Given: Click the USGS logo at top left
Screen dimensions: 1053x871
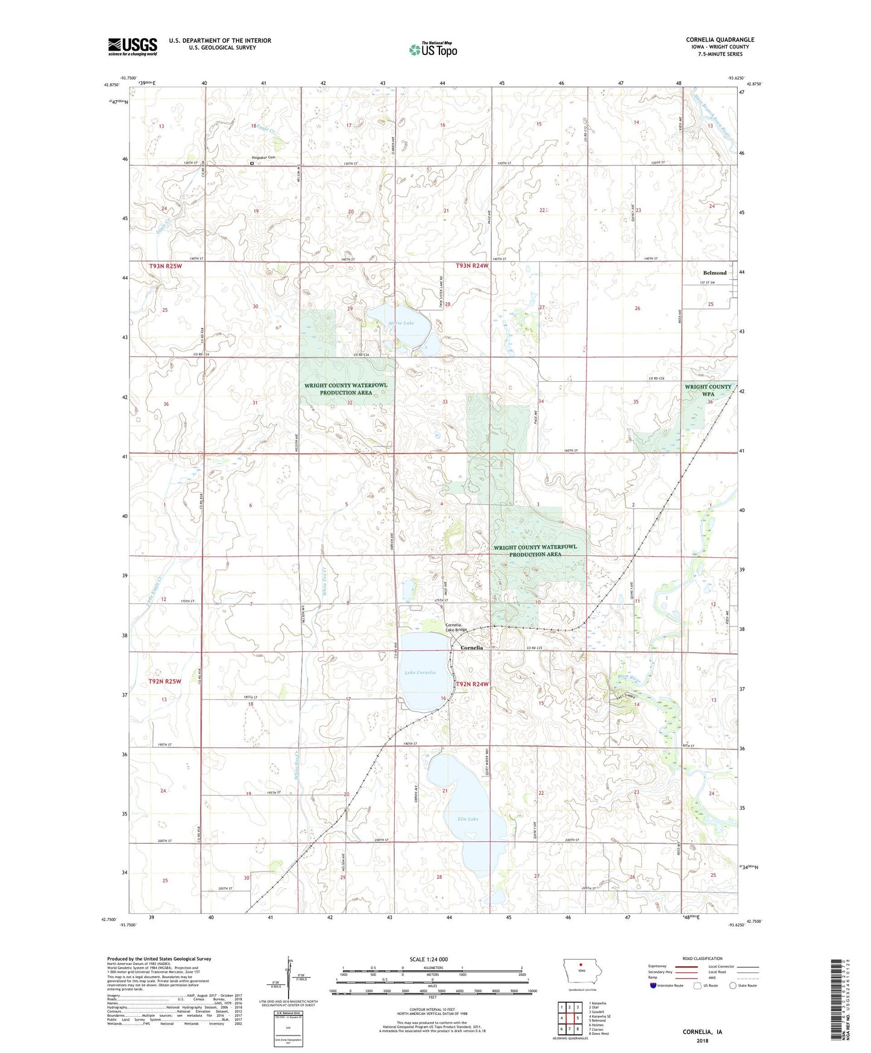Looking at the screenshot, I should click(133, 46).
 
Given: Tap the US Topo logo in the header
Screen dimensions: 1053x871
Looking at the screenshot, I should click(433, 49).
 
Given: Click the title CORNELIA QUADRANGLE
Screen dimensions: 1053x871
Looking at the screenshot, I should click(720, 40).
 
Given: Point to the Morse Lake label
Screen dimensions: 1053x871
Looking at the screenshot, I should click(401, 323).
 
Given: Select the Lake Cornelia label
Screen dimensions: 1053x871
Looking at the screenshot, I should click(420, 672).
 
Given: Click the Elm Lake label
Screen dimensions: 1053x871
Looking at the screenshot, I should click(468, 819).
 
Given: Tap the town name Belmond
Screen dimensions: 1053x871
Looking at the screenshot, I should click(714, 273).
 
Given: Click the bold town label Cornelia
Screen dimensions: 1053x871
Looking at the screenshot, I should click(471, 648).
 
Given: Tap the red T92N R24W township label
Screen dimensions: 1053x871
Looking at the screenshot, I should click(472, 684).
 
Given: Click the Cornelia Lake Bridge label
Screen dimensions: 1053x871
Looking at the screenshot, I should click(456, 627).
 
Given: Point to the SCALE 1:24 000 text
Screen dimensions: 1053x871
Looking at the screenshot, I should click(429, 959).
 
